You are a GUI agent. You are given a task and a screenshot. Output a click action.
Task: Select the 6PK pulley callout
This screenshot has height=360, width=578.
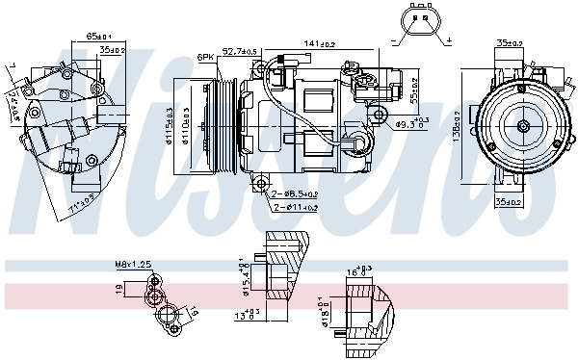click(x=205, y=58)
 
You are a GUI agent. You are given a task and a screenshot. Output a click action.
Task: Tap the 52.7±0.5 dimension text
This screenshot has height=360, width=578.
click(x=240, y=51)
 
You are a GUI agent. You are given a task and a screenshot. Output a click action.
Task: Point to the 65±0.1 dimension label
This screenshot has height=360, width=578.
click(x=98, y=35)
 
